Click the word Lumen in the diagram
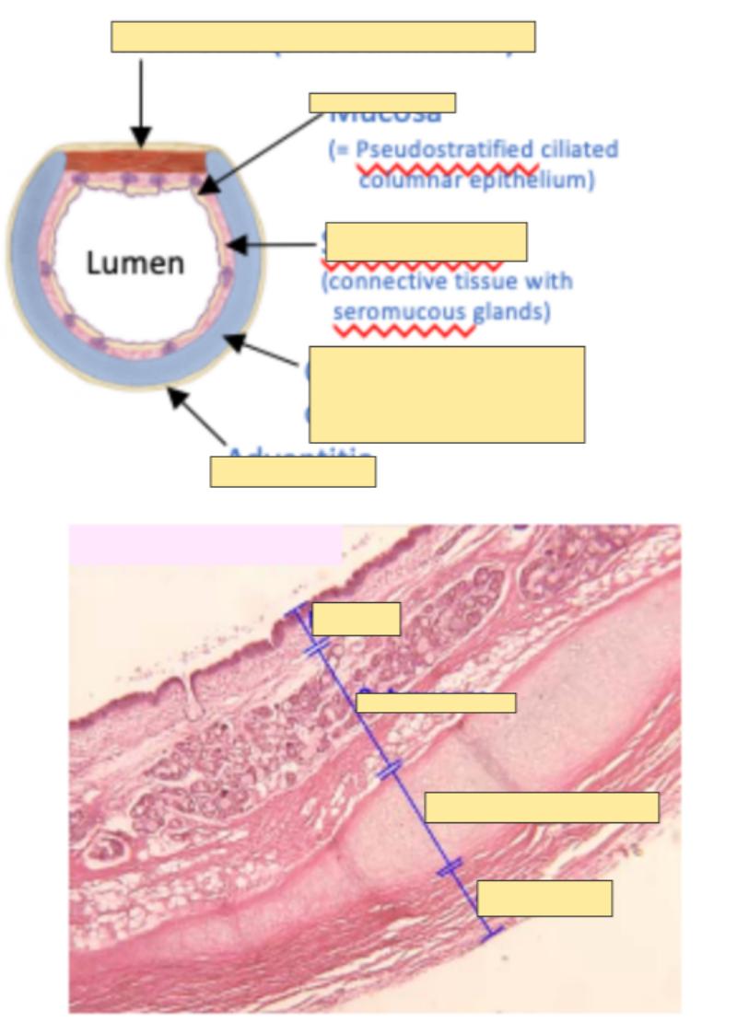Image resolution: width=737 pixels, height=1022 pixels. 135,264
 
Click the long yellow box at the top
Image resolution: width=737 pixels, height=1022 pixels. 322,37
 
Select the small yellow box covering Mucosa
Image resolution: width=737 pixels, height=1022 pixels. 382,102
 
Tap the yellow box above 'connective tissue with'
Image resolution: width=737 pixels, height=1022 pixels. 427,241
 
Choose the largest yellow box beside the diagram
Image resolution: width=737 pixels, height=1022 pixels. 447,394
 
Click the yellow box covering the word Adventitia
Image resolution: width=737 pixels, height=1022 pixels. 293,471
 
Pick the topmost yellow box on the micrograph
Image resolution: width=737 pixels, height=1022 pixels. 357,619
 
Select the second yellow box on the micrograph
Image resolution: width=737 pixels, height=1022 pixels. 436,703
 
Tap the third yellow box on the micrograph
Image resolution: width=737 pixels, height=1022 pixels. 542,807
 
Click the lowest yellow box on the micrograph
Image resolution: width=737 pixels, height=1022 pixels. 544,898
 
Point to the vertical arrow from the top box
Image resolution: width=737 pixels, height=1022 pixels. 141,101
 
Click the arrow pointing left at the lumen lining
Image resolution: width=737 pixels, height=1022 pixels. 272,246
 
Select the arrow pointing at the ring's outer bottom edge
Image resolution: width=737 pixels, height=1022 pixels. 198,417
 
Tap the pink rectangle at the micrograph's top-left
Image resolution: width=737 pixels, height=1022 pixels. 205,544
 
